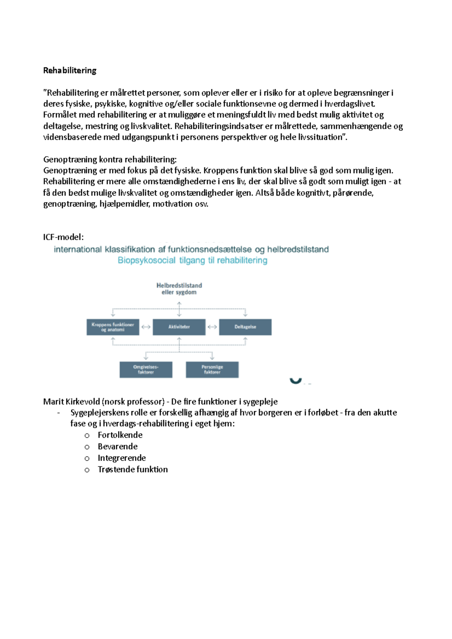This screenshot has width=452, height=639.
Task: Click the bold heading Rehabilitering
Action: tap(70, 70)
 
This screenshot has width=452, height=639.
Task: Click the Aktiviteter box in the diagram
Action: tap(179, 327)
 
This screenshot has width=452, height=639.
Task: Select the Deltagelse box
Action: tap(245, 327)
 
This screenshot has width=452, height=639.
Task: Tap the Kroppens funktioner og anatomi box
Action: tap(113, 327)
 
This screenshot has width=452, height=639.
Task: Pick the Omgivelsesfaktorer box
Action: tap(146, 369)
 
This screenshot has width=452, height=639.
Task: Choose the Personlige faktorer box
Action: tap(212, 369)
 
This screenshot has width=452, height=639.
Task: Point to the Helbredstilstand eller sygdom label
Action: tap(179, 289)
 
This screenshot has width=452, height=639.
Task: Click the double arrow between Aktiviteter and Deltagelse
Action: tap(212, 327)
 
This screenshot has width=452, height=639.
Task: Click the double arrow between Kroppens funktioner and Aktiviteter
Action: tap(146, 327)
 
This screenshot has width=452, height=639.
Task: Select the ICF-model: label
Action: tap(63, 237)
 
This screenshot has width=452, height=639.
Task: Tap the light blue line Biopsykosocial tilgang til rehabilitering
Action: tap(192, 260)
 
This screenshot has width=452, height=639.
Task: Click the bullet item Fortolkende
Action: tap(120, 435)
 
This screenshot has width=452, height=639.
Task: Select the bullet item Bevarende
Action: tap(118, 446)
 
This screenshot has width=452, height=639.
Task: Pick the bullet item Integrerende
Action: tap(121, 458)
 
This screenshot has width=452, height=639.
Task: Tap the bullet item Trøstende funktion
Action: tap(133, 469)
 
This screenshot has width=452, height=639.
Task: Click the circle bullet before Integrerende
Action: tap(87, 458)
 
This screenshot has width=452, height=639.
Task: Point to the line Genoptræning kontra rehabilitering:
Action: tap(110, 159)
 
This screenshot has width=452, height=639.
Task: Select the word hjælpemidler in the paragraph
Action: tap(124, 204)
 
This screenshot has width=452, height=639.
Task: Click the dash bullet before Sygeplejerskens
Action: tap(59, 413)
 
